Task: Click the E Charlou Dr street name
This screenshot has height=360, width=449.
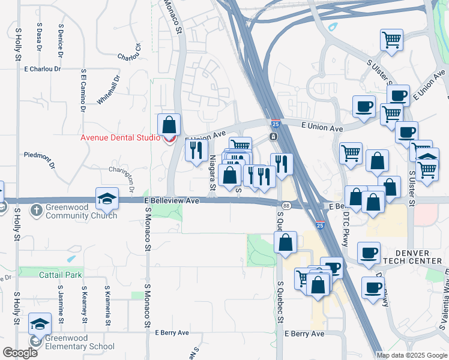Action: [43, 69]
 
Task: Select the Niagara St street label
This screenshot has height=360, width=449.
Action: [212, 173]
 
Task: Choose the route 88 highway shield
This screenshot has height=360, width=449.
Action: [287, 206]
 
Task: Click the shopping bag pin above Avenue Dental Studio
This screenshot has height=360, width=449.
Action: [169, 125]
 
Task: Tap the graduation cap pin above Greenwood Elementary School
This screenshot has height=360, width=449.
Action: [40, 325]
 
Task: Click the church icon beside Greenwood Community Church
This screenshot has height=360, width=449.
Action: [37, 209]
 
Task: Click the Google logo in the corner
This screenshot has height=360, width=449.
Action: [20, 353]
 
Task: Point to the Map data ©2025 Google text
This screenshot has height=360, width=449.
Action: [412, 355]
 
